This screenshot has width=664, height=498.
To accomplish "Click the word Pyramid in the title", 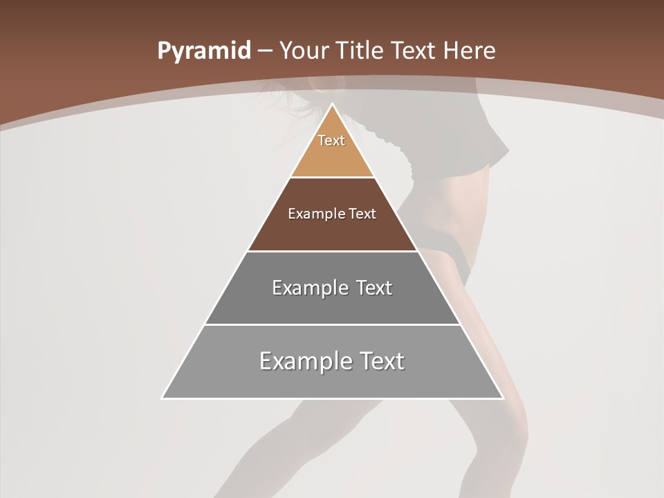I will [x=203, y=51].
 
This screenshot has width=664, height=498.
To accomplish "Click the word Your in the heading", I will [x=302, y=51].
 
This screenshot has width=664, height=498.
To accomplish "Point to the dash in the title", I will [x=264, y=51].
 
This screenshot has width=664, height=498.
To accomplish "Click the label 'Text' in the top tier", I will [x=331, y=140].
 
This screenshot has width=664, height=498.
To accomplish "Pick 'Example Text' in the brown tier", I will [x=332, y=214].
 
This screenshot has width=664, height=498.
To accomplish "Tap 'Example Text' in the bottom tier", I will [x=332, y=361].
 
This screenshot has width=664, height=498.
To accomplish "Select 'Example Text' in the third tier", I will [x=332, y=288].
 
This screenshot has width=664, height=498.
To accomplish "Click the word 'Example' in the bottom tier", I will [x=300, y=361].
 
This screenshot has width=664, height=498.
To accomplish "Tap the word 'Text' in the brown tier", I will [x=362, y=214].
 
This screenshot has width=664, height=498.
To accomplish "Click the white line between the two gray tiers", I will [x=332, y=324].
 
